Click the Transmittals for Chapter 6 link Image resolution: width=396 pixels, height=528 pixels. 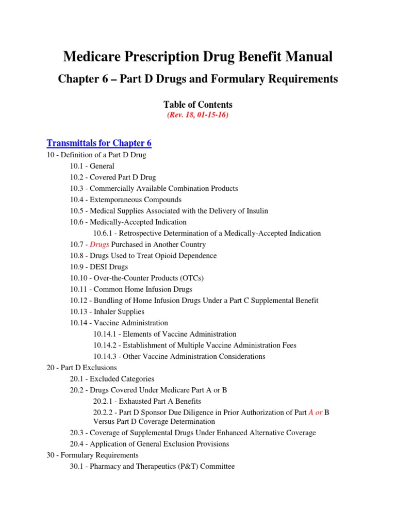[99, 143]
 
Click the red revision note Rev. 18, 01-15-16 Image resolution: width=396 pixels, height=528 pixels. [197, 115]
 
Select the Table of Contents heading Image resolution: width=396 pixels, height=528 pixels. [198, 104]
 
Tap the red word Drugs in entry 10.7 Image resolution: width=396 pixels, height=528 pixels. [100, 244]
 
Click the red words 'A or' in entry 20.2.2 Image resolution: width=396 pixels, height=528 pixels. [315, 412]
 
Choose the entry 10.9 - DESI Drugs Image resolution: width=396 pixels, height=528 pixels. [99, 267]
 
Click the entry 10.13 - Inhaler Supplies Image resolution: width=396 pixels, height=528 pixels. [107, 311]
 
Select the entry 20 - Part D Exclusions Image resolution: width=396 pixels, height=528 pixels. [81, 368]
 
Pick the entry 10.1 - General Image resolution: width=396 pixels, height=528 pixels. [92, 166]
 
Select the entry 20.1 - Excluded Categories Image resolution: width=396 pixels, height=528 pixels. [112, 378]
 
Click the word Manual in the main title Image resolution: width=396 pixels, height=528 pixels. [305, 57]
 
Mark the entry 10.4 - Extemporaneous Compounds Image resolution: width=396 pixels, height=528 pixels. [126, 200]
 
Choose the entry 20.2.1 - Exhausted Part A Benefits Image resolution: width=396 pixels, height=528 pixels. [147, 401]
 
